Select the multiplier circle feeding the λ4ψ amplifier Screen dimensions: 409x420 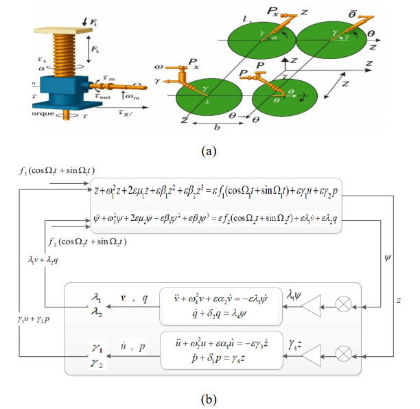click(345, 302)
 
